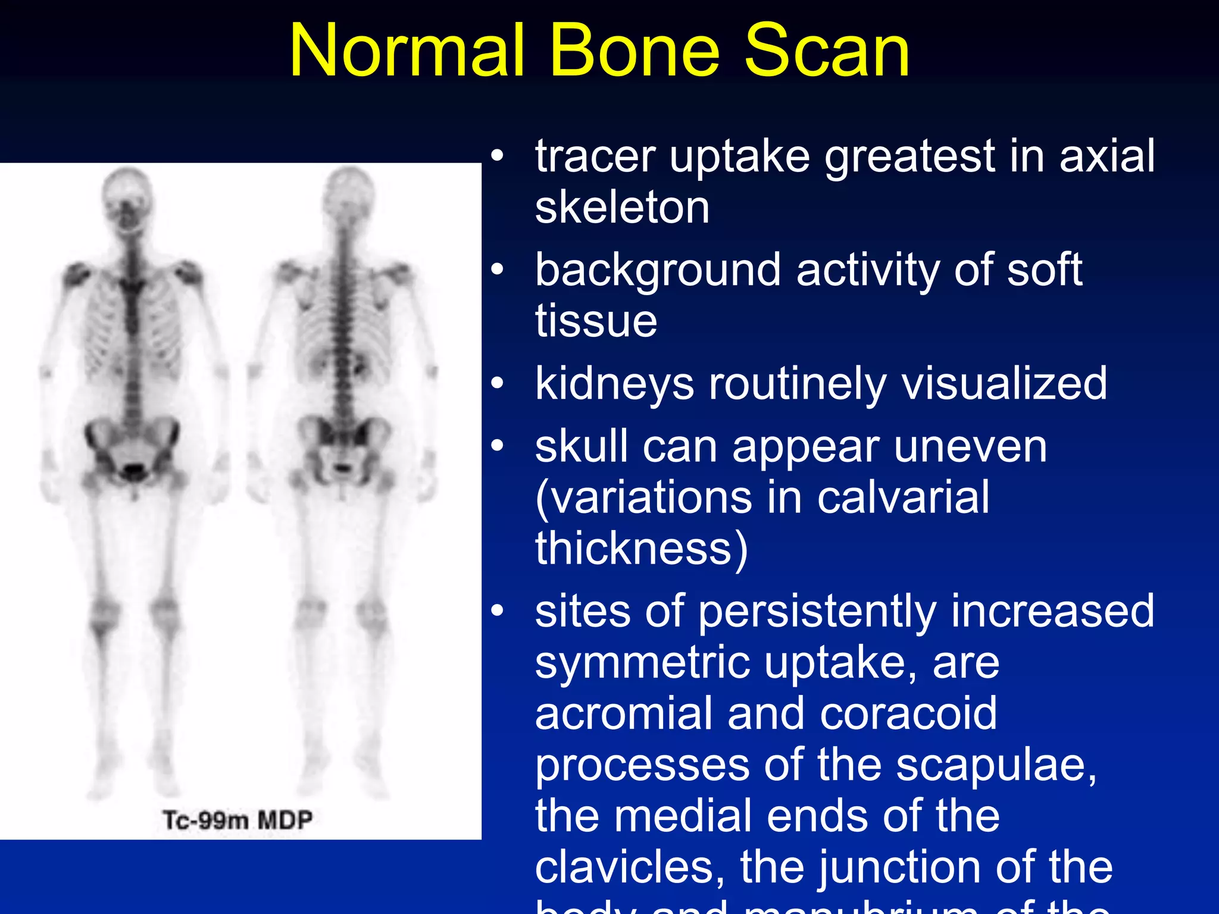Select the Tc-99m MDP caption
(x=237, y=820)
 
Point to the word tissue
(x=596, y=321)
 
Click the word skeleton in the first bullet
(x=622, y=208)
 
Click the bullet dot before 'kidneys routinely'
(x=498, y=384)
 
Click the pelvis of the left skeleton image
(x=132, y=449)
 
